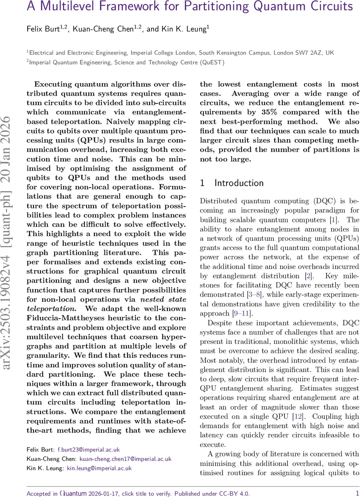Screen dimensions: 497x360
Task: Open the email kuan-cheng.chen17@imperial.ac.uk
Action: pyautogui.click(x=126, y=458)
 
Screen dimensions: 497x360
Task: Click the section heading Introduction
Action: pyautogui.click(x=239, y=183)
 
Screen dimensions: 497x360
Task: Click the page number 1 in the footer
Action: pyautogui.click(x=357, y=493)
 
